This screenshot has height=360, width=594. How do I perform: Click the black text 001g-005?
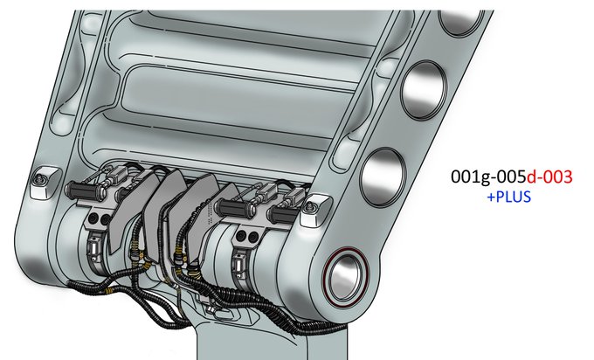point(488,177)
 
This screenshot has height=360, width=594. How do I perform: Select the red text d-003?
point(549,177)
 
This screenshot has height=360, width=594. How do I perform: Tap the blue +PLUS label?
point(508,197)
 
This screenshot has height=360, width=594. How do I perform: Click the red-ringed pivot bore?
point(346,276)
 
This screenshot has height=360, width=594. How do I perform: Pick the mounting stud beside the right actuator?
point(310,208)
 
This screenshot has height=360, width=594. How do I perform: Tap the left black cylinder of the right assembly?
point(233,207)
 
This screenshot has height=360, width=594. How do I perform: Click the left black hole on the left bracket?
point(93,218)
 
